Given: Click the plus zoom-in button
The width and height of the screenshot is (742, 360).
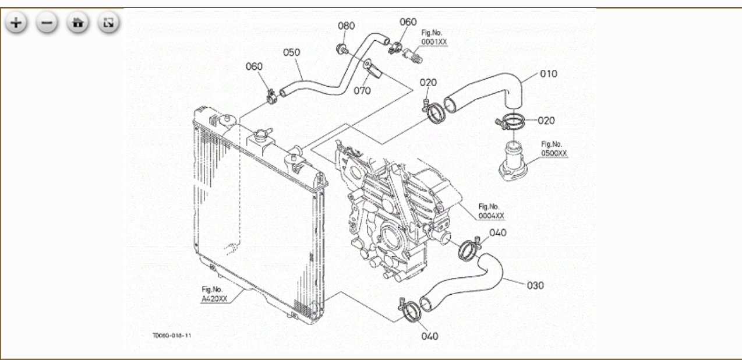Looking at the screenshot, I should (x=16, y=23).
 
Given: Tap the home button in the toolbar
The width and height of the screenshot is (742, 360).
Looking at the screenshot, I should (x=76, y=23).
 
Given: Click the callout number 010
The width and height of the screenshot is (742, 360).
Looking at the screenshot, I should (x=548, y=74).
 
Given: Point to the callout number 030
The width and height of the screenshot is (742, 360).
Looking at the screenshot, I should (x=535, y=285).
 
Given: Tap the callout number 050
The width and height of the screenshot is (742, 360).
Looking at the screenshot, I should (x=291, y=52).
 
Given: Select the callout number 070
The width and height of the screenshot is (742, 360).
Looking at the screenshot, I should (x=362, y=90).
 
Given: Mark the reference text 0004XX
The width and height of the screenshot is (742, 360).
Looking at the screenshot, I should (x=490, y=216).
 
